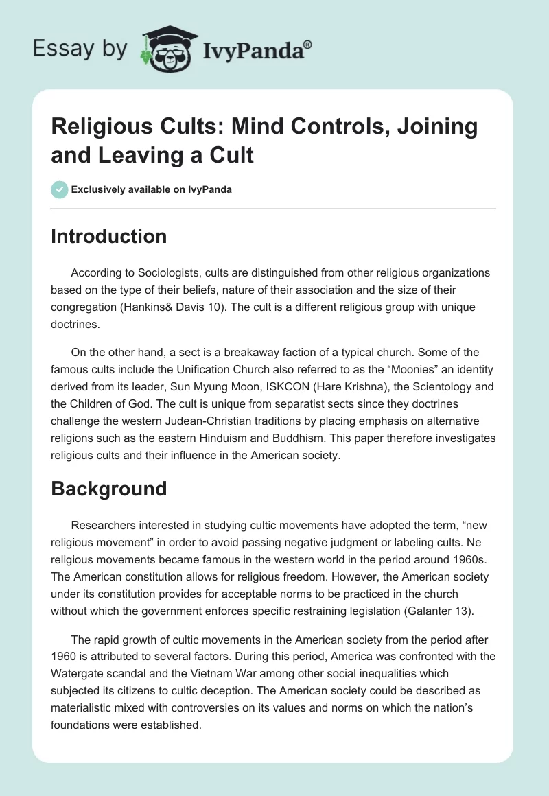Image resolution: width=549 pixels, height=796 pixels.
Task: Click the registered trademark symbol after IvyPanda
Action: click(308, 45)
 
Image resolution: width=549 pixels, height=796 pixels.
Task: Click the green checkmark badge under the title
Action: click(60, 189)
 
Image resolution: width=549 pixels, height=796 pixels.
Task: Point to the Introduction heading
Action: click(109, 236)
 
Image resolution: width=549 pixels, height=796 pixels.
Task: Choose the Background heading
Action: click(109, 489)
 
